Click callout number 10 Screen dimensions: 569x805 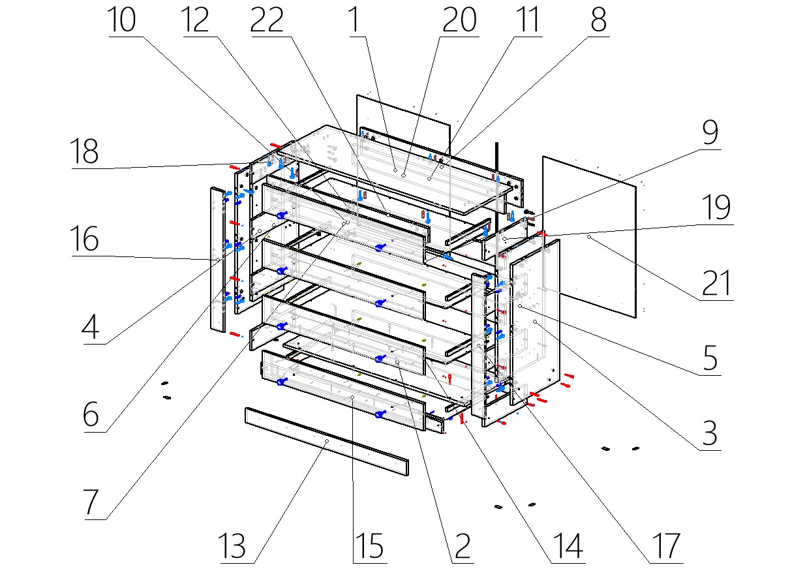tap(122, 21)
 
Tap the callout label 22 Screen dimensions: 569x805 tap(267, 21)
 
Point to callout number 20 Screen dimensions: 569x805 tap(460, 21)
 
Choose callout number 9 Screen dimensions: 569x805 tap(709, 134)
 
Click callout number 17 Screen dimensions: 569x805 tap(665, 547)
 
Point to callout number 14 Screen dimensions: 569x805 tap(567, 547)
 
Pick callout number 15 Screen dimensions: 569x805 tap(369, 547)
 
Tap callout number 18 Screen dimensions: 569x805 tap(85, 153)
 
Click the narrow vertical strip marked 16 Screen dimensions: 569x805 tap(217, 261)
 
